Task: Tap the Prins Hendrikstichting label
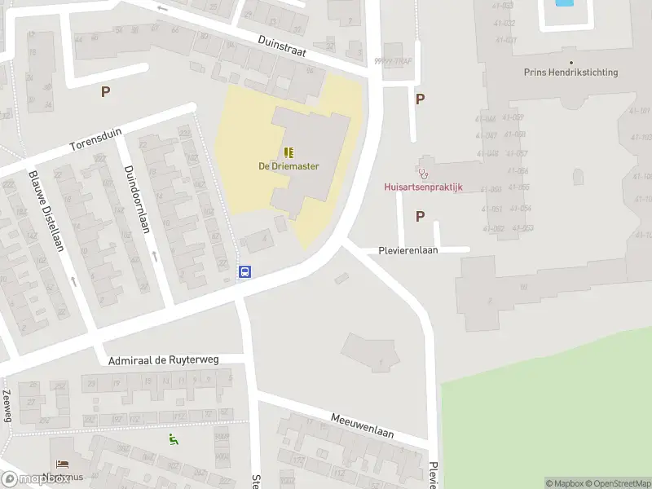point(570,73)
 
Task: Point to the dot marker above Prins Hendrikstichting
point(570,62)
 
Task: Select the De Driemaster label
point(289,166)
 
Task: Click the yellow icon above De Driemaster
point(289,152)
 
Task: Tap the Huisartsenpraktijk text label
point(423,187)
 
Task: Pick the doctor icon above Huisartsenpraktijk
point(423,173)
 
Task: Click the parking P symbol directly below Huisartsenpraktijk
point(421,217)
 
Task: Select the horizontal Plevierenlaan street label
point(408,250)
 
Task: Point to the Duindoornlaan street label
point(136,200)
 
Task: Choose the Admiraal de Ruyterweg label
point(175,359)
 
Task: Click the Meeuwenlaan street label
point(362,425)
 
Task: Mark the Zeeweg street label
point(7,405)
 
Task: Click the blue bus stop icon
point(244,271)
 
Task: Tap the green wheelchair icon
point(173,440)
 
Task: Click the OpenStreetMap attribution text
point(615,483)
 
